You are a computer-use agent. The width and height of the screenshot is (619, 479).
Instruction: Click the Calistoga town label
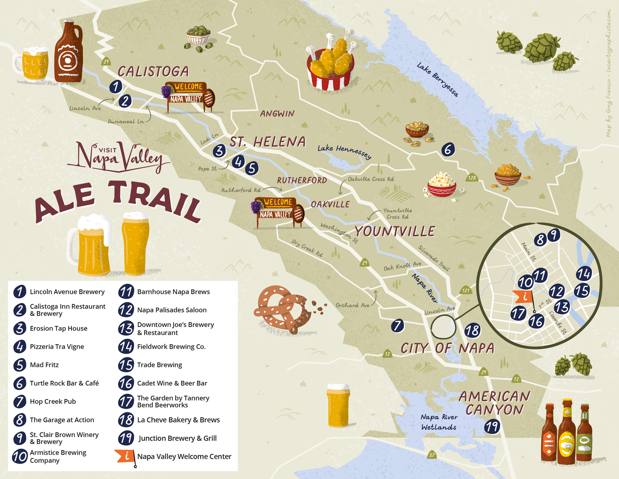pyautogui.click(x=153, y=71)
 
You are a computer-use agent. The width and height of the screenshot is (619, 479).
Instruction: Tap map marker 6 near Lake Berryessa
pyautogui.click(x=448, y=149)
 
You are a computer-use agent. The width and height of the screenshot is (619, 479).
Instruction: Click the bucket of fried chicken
pyautogui.click(x=331, y=64)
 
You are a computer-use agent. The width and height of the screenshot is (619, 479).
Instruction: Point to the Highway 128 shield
pyautogui.click(x=472, y=178)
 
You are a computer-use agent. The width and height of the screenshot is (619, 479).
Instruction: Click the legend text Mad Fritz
pyautogui.click(x=44, y=365)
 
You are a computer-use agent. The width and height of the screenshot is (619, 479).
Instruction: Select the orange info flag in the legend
pyautogui.click(x=125, y=456)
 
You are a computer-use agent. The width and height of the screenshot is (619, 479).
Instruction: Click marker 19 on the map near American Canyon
pyautogui.click(x=491, y=426)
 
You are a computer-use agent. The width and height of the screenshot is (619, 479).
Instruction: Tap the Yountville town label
pyautogui.click(x=395, y=231)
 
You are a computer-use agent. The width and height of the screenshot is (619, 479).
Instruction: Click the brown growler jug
pyautogui.click(x=68, y=54)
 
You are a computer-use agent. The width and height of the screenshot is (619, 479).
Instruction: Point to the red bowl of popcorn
pyautogui.click(x=442, y=185)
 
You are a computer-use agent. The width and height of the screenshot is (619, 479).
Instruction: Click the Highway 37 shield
pyautogui.click(x=432, y=455)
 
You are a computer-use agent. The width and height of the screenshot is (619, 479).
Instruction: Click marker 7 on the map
pyautogui.click(x=397, y=325)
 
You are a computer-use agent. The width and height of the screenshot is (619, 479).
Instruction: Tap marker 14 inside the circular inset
pyautogui.click(x=584, y=273)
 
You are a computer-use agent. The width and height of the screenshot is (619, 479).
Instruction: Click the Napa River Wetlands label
pyautogui.click(x=439, y=422)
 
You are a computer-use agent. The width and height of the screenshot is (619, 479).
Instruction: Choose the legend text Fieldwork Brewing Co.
pyautogui.click(x=171, y=347)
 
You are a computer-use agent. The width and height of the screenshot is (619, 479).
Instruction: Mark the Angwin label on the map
pyautogui.click(x=277, y=114)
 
